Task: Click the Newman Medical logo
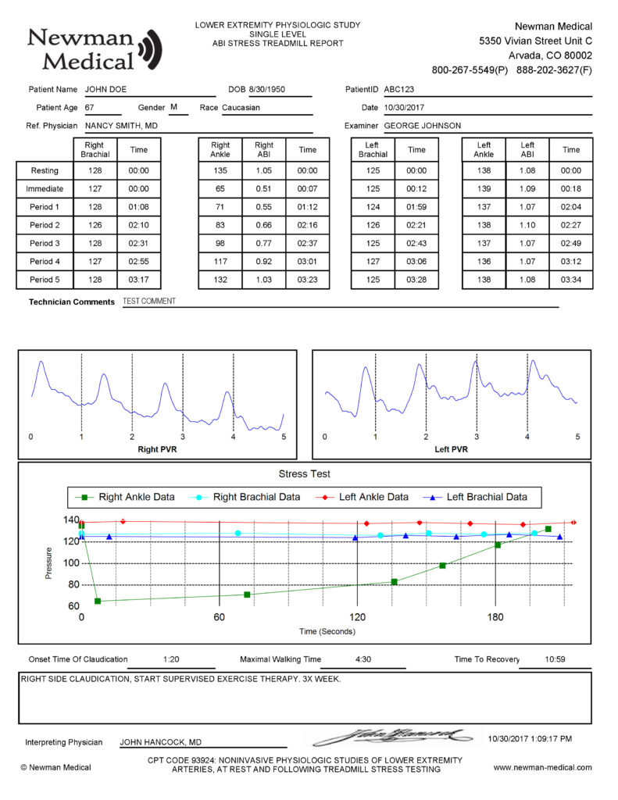pos(94,48)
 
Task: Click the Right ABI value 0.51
pos(264,188)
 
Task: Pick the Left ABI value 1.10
pos(527,226)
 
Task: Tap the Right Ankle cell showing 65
pos(220,188)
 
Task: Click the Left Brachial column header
pos(373,149)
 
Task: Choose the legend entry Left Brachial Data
pos(486,497)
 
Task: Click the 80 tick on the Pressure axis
pos(70,585)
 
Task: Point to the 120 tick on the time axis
pos(357,617)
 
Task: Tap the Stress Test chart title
pos(304,473)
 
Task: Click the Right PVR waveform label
pos(157,450)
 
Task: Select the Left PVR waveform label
pos(451,450)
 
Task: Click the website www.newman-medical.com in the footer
pos(542,767)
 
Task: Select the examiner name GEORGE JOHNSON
pos(422,126)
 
